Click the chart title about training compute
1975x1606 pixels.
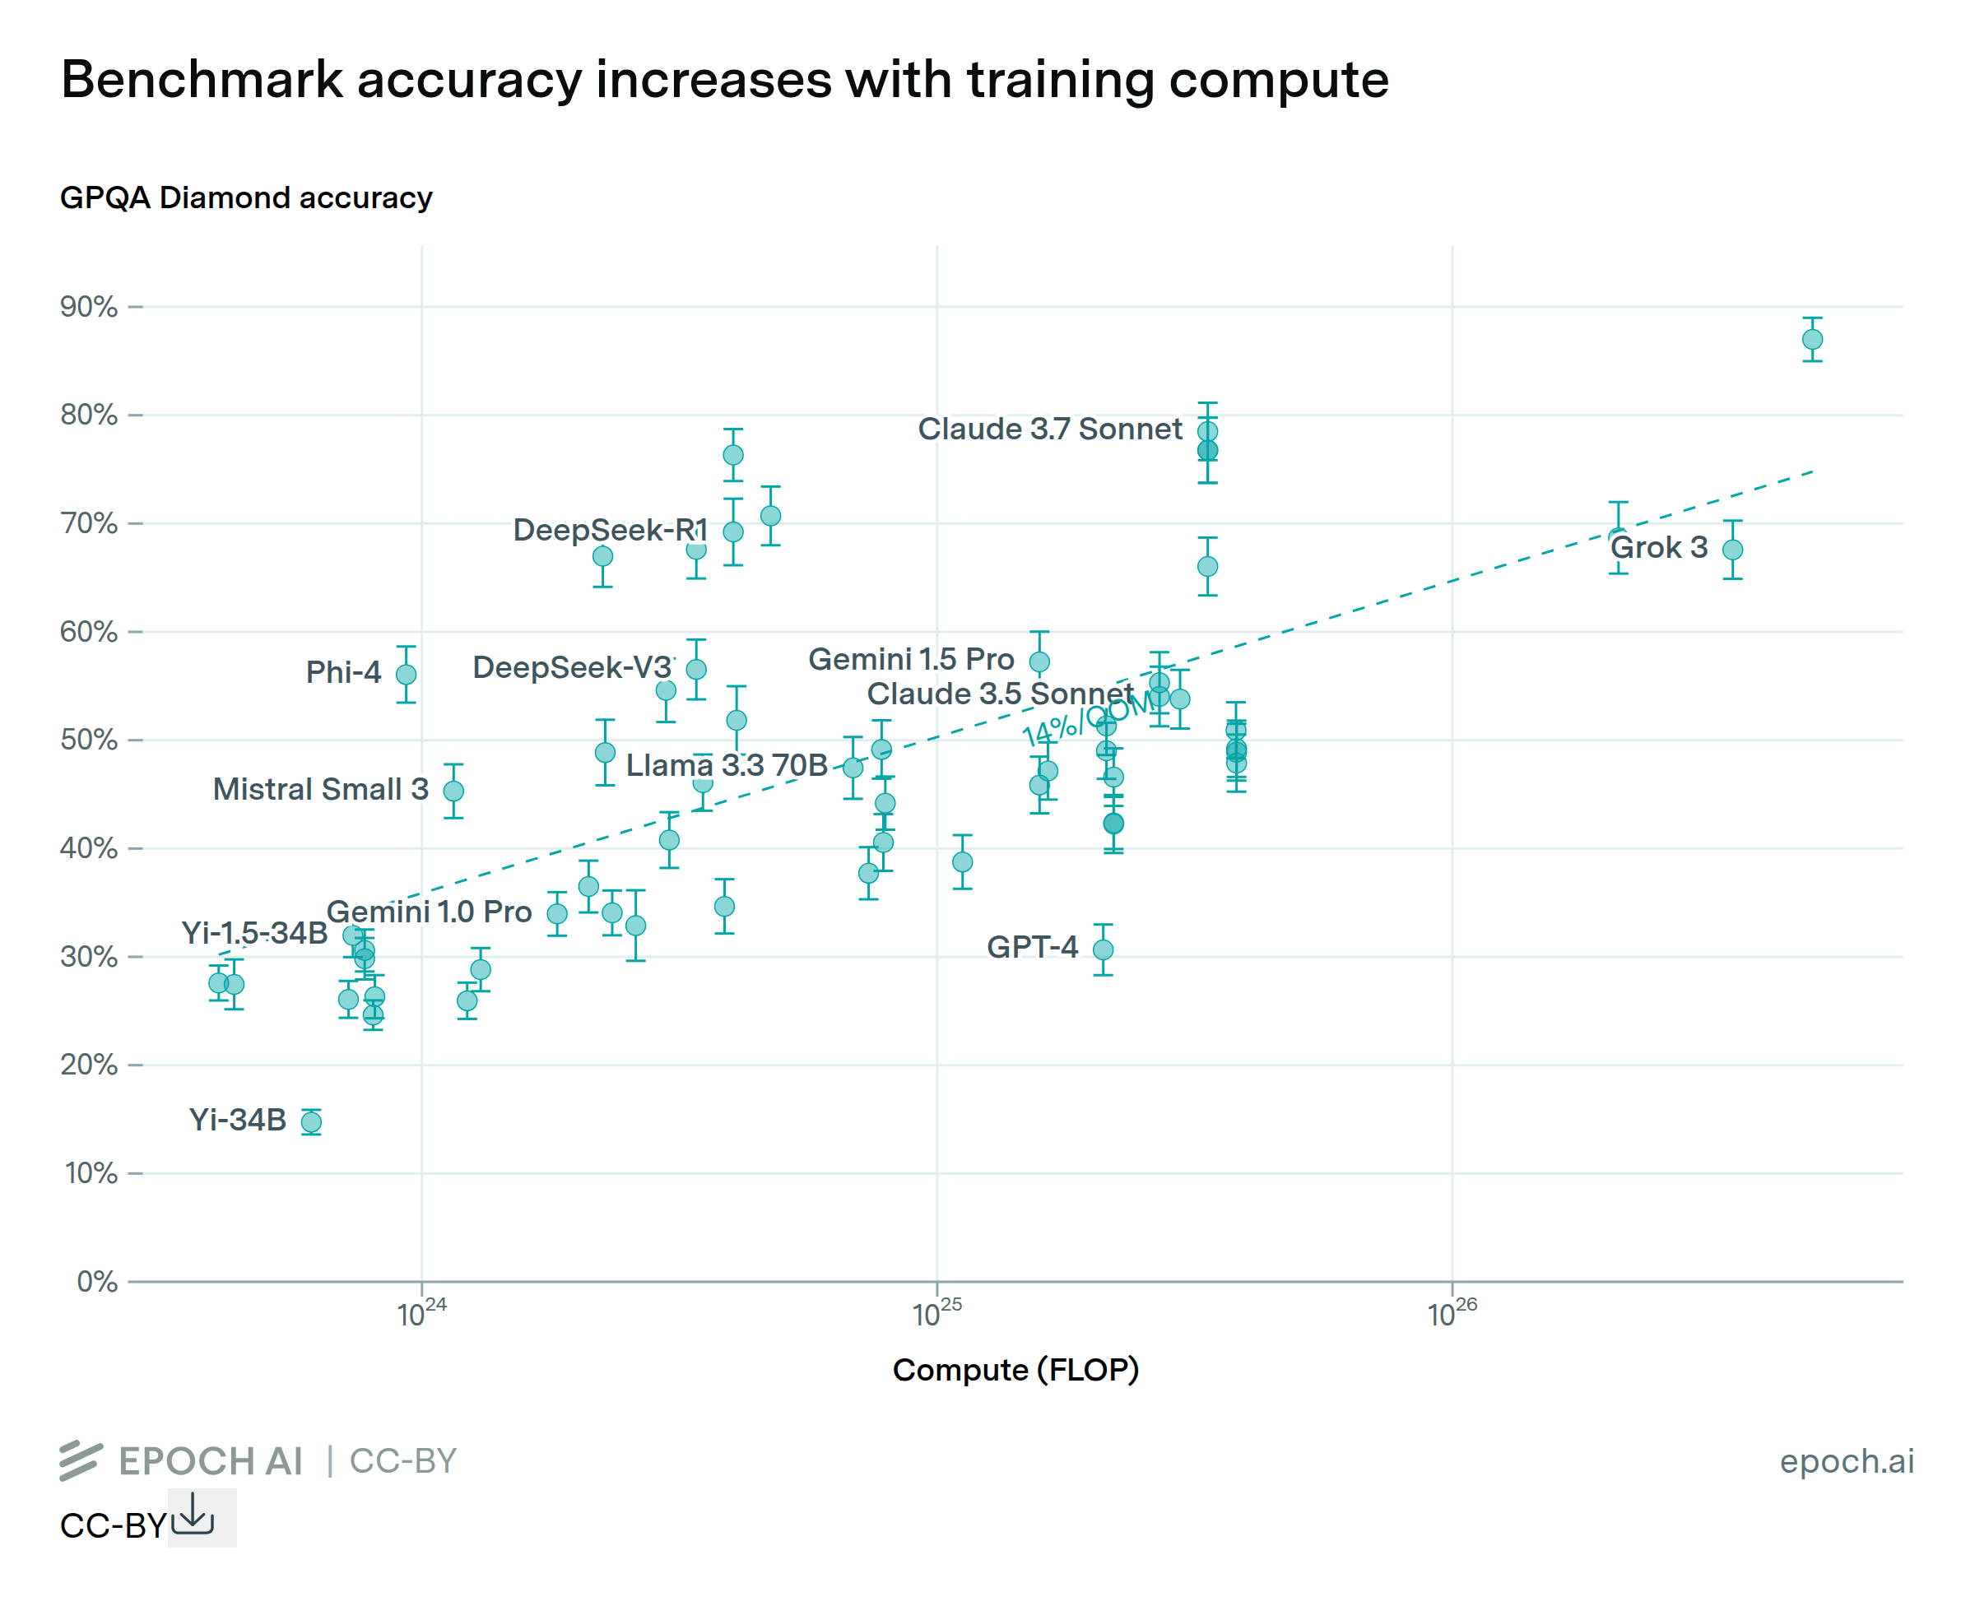click(723, 80)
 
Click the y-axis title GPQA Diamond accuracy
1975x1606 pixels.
click(246, 198)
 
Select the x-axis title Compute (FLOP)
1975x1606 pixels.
click(1015, 1369)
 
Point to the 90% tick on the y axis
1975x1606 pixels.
click(89, 307)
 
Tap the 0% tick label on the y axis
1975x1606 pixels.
click(96, 1281)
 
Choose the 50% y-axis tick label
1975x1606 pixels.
click(89, 740)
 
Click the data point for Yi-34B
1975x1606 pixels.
click(312, 1122)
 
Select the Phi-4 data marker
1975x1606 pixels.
click(406, 675)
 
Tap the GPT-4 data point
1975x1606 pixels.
click(1103, 950)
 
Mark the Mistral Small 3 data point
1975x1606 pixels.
click(453, 791)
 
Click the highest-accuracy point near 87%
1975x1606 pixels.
click(1812, 340)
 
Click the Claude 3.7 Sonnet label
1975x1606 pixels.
click(1049, 429)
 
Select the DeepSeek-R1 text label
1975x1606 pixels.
click(611, 530)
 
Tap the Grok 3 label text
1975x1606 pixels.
click(1659, 548)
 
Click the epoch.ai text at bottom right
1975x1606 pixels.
click(1847, 1460)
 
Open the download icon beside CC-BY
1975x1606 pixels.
click(193, 1515)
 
